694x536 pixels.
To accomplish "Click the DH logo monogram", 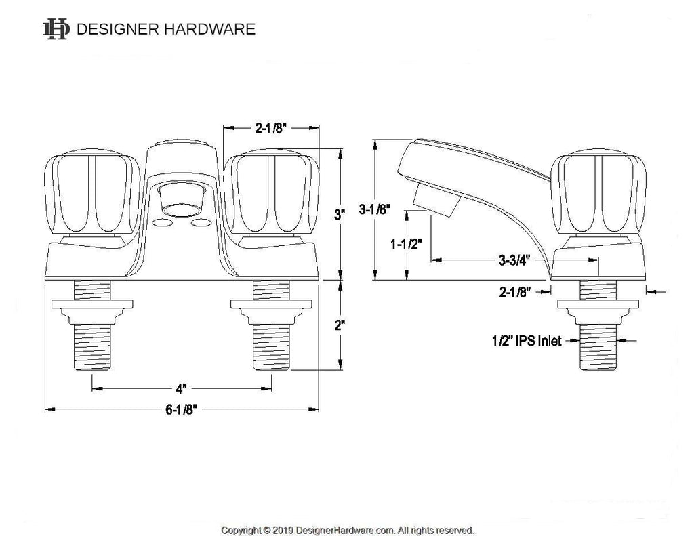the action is point(56,29).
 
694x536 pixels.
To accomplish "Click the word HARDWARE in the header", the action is point(209,29).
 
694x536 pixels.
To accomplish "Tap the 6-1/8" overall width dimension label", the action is point(181,409).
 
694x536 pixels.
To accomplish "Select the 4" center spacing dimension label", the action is point(181,388).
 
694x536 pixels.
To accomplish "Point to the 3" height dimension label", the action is point(340,215).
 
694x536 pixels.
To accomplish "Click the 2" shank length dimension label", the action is point(340,325).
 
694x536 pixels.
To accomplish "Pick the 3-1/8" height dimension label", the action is point(374,209).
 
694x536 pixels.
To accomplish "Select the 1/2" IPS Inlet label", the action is point(527,341).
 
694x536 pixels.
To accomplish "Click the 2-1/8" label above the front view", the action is point(271,128).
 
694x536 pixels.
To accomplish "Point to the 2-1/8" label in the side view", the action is point(515,292).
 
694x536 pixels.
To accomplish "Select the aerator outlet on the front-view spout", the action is point(181,208).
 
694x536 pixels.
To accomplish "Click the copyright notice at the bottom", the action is point(348,530).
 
